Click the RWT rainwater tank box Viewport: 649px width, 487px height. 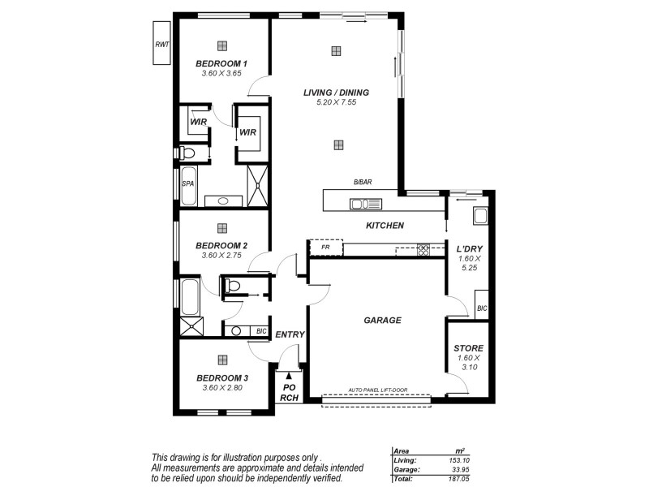coord(161,45)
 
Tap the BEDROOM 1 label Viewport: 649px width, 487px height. coord(221,63)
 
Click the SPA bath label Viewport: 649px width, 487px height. coord(187,184)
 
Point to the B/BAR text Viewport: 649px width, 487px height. coord(362,183)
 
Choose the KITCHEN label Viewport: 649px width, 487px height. coord(385,226)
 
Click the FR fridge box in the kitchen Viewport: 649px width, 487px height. coord(325,248)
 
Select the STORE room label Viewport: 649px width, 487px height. coord(469,348)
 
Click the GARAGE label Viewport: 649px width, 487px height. coord(382,320)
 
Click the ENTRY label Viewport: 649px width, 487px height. coord(290,334)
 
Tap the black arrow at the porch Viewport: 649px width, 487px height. coord(289,375)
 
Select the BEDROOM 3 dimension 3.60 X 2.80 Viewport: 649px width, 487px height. coord(222,388)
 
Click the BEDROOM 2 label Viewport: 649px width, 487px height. coord(221,245)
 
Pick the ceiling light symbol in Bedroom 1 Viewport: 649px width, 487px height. coord(222,45)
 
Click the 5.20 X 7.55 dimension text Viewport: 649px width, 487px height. coord(336,102)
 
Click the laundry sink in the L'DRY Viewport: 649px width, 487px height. coord(480,216)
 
